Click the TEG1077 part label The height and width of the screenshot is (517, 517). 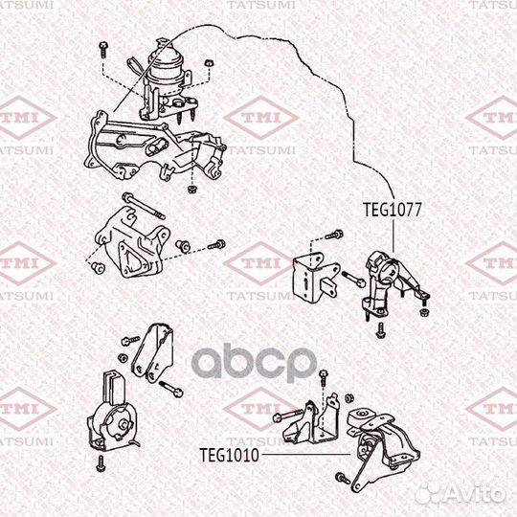(392, 210)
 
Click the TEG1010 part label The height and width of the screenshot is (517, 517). (230, 456)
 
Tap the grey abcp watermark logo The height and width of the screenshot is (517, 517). (255, 362)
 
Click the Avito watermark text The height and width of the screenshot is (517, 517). (461, 494)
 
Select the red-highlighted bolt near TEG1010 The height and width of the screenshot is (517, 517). (287, 416)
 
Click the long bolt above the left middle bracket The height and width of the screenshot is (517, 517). (143, 207)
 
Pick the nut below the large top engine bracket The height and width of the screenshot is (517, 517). (191, 190)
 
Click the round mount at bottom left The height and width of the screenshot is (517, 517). (112, 416)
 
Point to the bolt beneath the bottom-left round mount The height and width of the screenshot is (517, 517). (101, 463)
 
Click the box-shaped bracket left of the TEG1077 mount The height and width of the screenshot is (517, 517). (315, 278)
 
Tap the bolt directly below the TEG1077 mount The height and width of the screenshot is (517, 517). (381, 330)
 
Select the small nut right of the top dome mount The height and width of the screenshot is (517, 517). (208, 63)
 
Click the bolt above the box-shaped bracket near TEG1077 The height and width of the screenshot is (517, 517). (334, 236)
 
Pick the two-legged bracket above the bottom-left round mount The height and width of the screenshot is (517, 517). (152, 353)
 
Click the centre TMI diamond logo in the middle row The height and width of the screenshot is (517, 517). (260, 262)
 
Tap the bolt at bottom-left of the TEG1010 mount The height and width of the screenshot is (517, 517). (343, 478)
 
